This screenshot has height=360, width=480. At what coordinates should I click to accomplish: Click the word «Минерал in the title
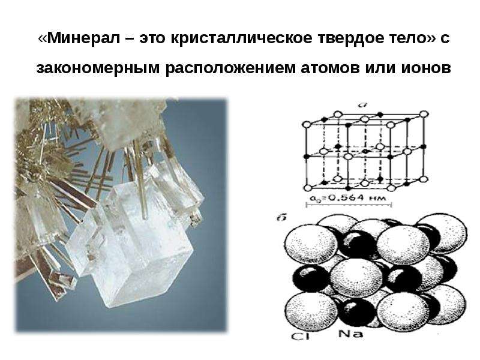[80, 38]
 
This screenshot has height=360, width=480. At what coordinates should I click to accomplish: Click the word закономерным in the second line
[98, 68]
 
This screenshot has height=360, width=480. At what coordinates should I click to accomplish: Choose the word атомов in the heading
[330, 68]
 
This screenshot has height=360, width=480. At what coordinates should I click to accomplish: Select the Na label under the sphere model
[351, 334]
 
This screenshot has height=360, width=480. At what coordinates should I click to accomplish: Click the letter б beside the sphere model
[282, 218]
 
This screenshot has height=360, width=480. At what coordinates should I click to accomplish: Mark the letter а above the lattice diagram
[363, 105]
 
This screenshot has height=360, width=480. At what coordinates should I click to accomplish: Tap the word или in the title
[380, 68]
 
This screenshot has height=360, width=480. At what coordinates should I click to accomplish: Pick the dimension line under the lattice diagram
[349, 204]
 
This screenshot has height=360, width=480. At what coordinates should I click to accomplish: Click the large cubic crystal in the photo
[144, 245]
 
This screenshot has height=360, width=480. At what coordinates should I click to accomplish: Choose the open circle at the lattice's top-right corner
[424, 115]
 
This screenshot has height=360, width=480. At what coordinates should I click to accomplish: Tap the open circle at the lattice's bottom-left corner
[307, 188]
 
